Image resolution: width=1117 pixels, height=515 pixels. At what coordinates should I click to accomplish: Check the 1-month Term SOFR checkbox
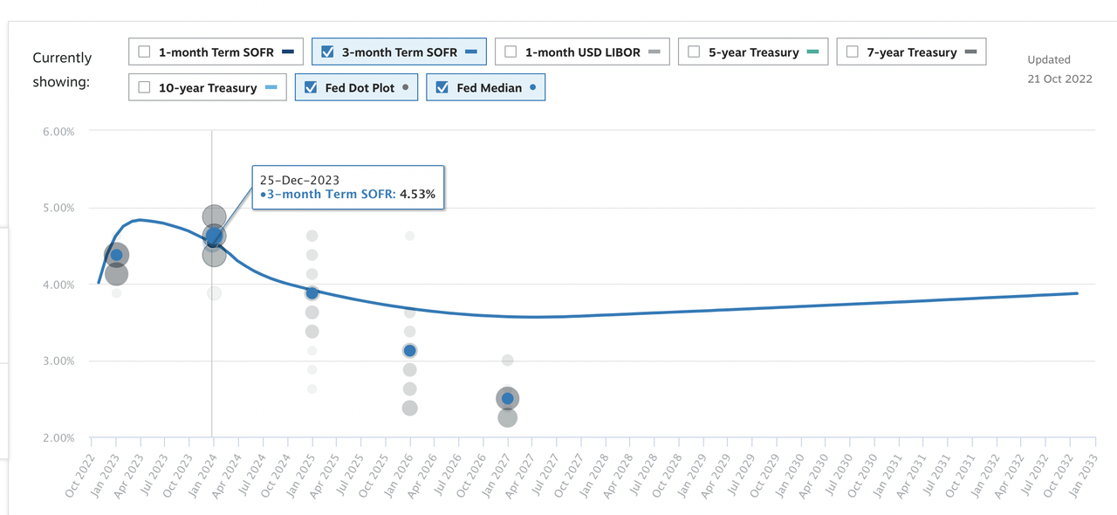tap(145, 51)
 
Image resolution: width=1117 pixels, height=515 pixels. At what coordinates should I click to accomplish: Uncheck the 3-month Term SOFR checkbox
tap(328, 51)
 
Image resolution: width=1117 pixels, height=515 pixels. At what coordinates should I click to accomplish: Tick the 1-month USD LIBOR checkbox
tap(511, 51)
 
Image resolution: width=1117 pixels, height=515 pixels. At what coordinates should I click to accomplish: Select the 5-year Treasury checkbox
tap(694, 51)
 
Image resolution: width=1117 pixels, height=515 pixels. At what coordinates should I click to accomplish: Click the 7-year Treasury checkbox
tap(853, 51)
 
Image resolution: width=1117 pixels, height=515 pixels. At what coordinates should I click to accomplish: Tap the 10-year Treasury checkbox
tap(145, 87)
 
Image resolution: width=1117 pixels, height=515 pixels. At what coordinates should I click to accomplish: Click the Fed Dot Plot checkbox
tap(312, 87)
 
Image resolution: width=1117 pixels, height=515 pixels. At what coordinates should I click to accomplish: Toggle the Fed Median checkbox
tap(442, 87)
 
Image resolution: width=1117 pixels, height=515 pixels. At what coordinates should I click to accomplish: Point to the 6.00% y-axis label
tap(58, 131)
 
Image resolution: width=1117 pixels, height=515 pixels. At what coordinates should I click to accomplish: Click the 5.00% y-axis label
tap(58, 208)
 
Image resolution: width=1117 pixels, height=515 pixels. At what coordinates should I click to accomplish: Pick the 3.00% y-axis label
tap(58, 360)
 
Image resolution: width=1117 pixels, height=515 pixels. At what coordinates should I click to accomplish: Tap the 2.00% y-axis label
tap(58, 437)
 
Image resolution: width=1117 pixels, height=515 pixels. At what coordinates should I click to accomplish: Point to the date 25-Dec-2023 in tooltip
tap(299, 180)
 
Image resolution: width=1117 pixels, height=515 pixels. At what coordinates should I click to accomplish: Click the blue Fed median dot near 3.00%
tap(409, 350)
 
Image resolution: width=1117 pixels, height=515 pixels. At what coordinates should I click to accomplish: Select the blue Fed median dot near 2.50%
tap(507, 399)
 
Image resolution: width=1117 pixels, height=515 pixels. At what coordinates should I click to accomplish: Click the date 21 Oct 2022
tap(1059, 79)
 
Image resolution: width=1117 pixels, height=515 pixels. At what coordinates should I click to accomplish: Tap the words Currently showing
tap(62, 70)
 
